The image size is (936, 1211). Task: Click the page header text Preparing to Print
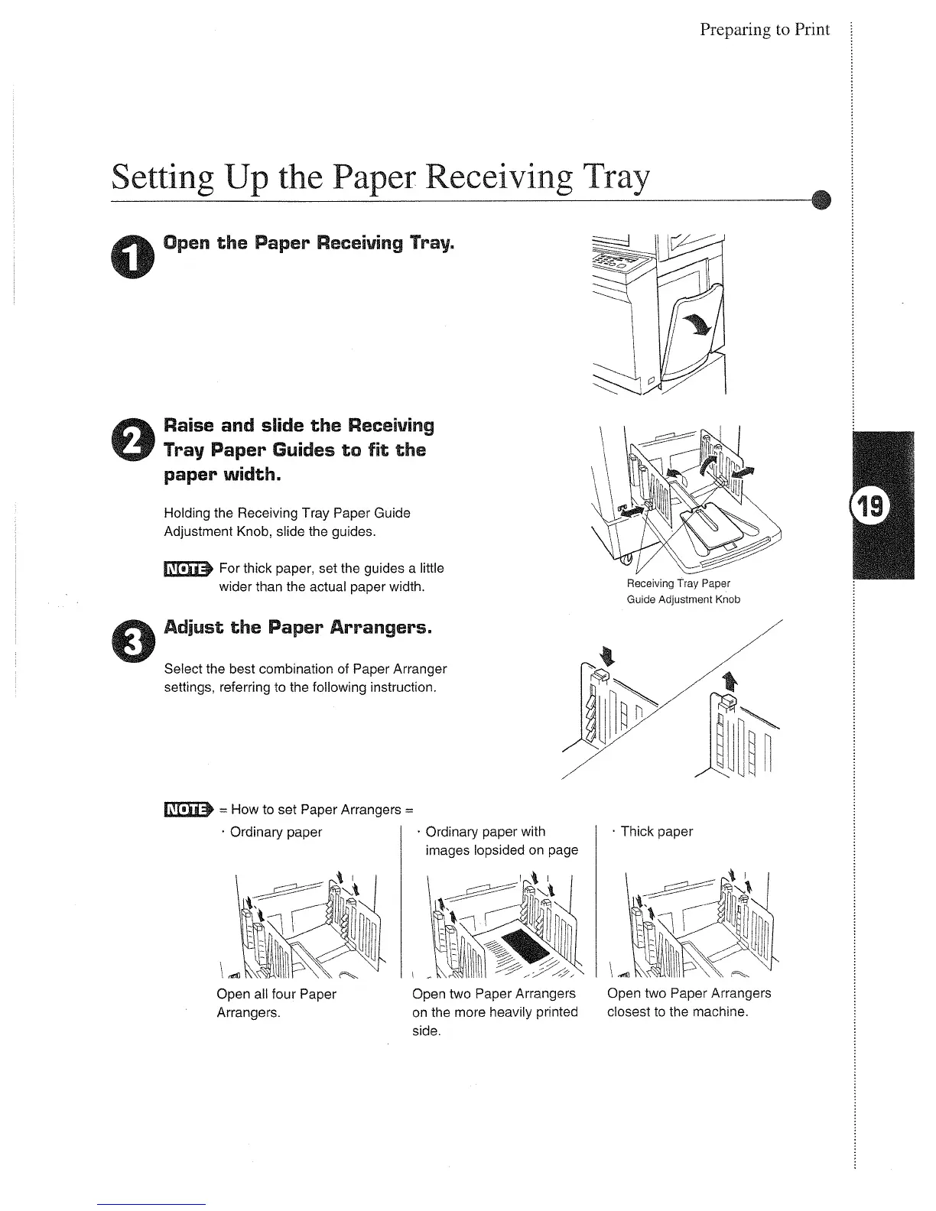(x=764, y=30)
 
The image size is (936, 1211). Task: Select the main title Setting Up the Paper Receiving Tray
(x=380, y=178)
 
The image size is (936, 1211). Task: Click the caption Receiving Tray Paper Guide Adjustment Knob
(x=683, y=592)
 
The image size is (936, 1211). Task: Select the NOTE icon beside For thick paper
(x=187, y=568)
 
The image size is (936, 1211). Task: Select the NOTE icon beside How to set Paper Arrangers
(x=187, y=810)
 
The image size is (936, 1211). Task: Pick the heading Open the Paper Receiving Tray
(x=310, y=244)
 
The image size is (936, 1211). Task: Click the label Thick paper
(x=656, y=831)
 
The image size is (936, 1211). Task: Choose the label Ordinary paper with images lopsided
(x=501, y=841)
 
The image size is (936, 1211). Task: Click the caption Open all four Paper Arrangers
(x=276, y=1003)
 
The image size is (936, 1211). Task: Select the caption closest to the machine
(x=677, y=1012)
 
